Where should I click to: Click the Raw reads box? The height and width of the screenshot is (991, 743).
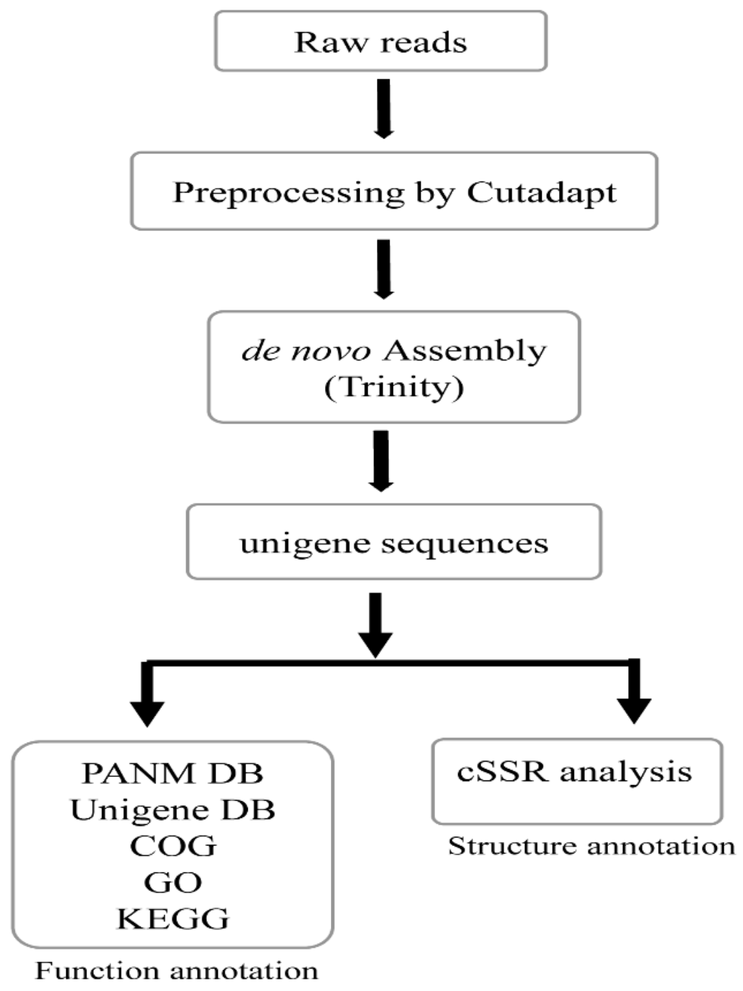(380, 41)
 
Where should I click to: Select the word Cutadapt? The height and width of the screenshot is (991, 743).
(541, 192)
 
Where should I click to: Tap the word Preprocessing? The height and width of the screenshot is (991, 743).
(288, 193)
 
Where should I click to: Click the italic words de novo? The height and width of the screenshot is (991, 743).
(305, 350)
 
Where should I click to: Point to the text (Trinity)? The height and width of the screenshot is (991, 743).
(393, 387)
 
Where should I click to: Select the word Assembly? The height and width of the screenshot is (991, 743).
(464, 350)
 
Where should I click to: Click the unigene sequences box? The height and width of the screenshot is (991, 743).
(394, 543)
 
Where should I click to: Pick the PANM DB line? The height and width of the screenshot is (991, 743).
(172, 773)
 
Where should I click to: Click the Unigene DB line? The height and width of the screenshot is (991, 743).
(172, 810)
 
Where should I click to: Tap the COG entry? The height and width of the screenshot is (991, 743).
(173, 846)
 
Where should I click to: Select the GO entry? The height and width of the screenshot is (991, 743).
(173, 882)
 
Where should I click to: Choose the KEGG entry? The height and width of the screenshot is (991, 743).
(173, 918)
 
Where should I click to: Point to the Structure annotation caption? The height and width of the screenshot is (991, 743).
(591, 846)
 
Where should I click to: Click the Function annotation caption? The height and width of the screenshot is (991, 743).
(176, 971)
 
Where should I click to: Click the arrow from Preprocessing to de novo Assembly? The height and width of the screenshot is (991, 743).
(384, 268)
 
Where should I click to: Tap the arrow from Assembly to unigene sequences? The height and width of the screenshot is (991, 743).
(381, 461)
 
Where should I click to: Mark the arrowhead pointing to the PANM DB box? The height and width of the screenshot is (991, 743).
(147, 712)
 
